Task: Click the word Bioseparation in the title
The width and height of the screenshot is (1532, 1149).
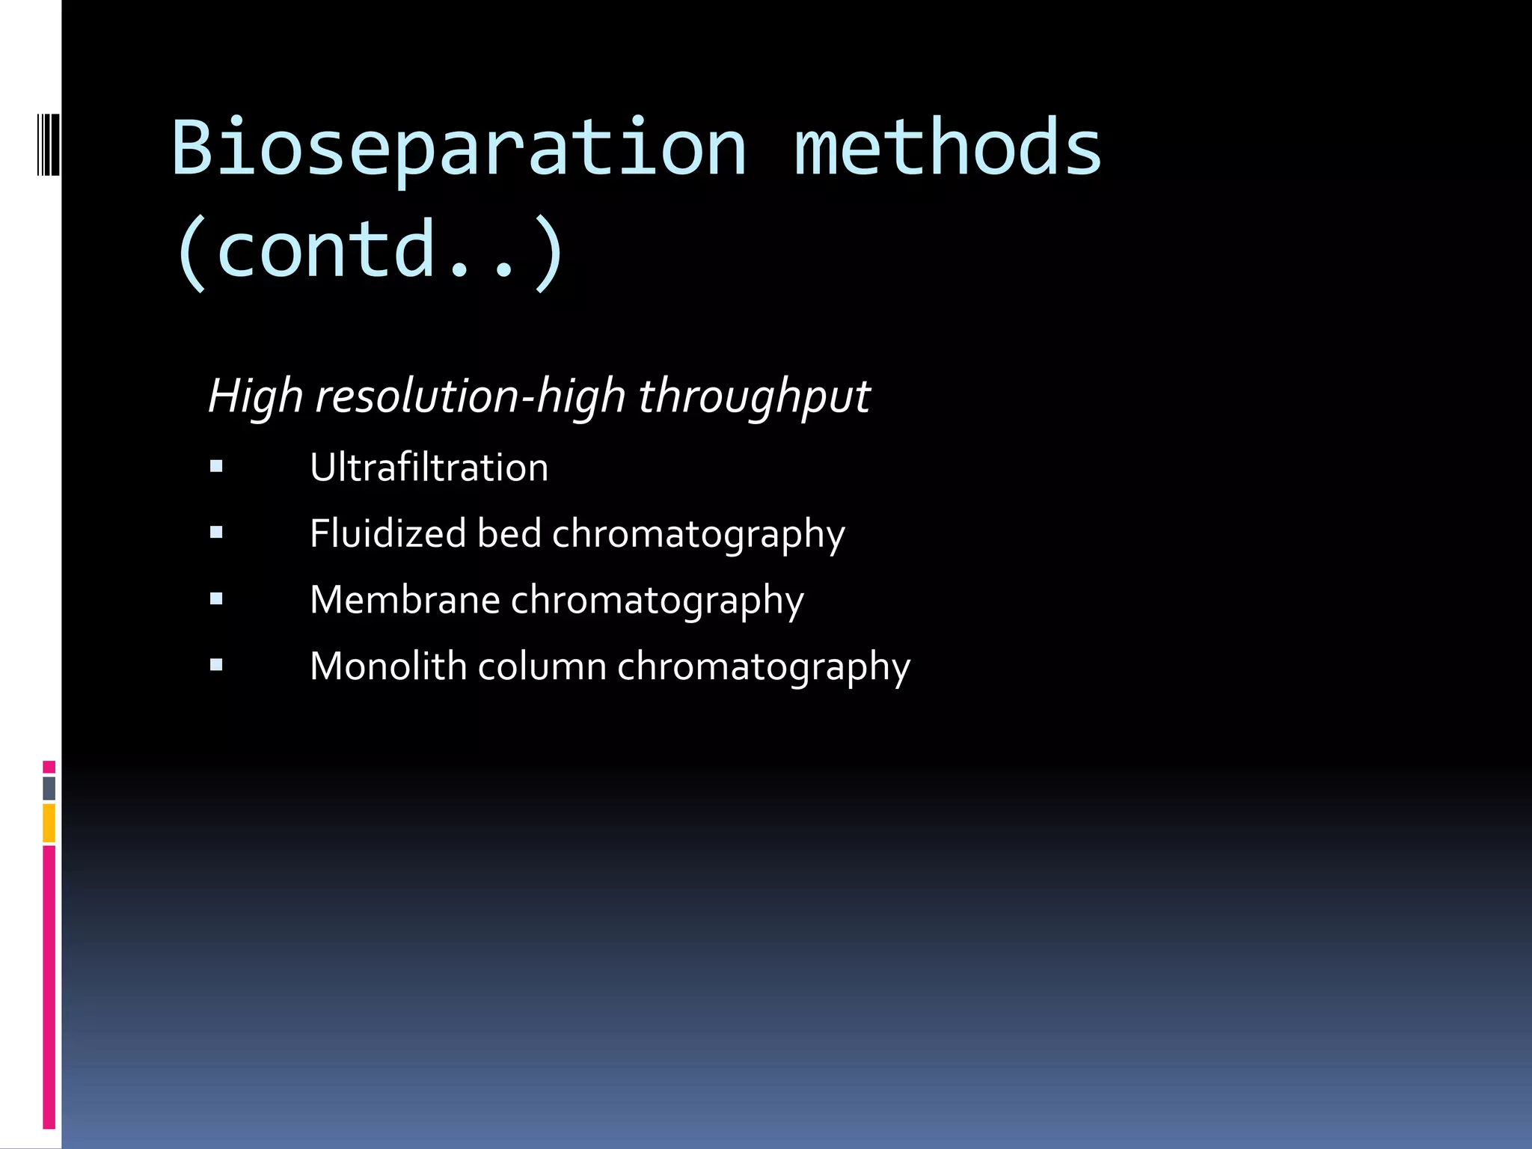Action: tap(459, 148)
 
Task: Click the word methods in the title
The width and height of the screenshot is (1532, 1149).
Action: tap(947, 148)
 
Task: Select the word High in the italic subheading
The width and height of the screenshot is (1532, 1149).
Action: tap(255, 396)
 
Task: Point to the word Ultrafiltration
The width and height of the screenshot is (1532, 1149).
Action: tap(429, 468)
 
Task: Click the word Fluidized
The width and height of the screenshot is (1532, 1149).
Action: tap(388, 533)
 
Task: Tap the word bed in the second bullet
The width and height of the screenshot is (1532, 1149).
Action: tap(509, 533)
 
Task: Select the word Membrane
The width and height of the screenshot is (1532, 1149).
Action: tap(405, 600)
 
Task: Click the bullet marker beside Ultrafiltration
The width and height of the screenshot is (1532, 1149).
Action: tap(216, 468)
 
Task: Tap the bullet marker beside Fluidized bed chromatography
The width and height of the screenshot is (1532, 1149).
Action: tap(216, 533)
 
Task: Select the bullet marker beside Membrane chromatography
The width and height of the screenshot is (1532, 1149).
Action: tap(216, 599)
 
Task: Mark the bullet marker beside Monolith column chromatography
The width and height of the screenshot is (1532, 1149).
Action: tap(216, 664)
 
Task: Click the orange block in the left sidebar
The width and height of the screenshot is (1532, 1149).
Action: tap(49, 823)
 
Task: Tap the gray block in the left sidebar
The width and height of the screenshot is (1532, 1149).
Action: tap(49, 788)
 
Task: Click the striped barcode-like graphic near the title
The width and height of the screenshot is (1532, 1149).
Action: tap(49, 144)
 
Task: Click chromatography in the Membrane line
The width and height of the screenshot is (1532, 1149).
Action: tap(657, 600)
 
